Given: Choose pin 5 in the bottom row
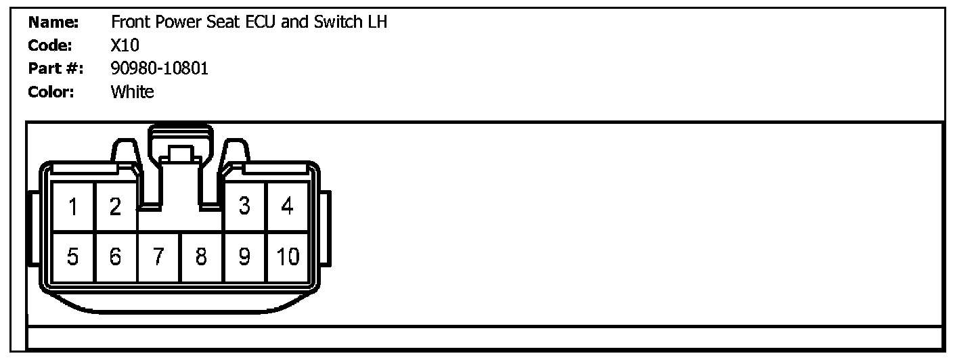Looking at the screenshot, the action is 73,257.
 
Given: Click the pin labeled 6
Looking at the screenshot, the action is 115,257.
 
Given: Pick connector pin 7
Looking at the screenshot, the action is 158,257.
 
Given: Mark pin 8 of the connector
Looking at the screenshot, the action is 201,257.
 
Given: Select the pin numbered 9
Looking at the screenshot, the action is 245,257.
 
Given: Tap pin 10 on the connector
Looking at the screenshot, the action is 288,257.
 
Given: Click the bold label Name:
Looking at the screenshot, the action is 54,22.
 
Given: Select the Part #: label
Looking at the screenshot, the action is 56,69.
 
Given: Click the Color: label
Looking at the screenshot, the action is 51,92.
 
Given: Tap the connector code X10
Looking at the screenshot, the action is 125,46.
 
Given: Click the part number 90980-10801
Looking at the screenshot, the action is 160,69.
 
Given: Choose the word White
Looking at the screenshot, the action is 133,92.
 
